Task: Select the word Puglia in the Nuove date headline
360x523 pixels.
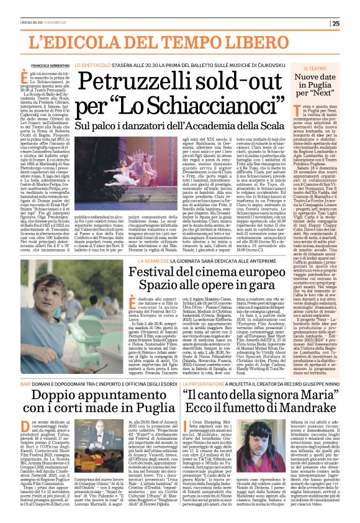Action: pos(305,92)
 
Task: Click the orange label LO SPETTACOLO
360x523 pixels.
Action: pos(92,64)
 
